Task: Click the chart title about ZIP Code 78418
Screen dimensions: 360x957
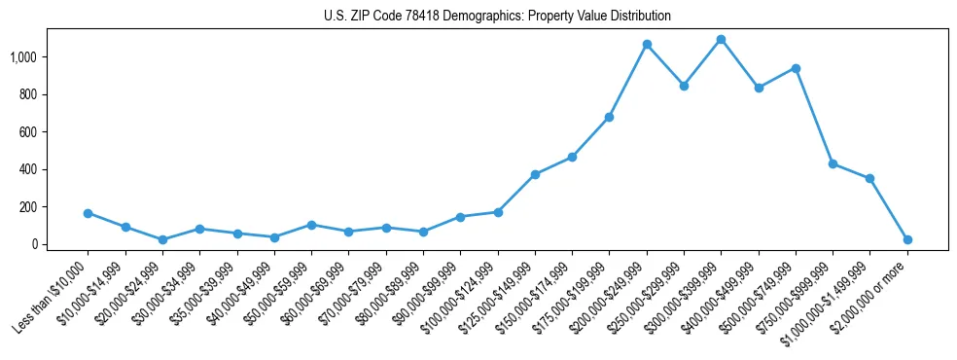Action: (x=497, y=17)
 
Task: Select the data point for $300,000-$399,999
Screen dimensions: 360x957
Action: (x=721, y=40)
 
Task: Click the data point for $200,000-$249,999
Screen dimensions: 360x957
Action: (x=647, y=45)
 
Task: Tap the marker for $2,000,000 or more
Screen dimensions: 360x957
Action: (x=907, y=239)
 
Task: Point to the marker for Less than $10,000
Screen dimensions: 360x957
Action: (x=89, y=213)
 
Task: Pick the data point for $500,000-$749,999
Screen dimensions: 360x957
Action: (x=796, y=68)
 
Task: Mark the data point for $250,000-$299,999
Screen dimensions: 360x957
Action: (x=684, y=86)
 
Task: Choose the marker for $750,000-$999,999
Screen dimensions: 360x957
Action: (x=833, y=163)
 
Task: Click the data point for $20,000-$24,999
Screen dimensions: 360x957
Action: (x=162, y=239)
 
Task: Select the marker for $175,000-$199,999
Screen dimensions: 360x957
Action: (x=609, y=117)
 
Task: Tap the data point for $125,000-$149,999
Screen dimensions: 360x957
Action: (x=535, y=174)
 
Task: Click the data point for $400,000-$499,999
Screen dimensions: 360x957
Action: (x=759, y=88)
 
